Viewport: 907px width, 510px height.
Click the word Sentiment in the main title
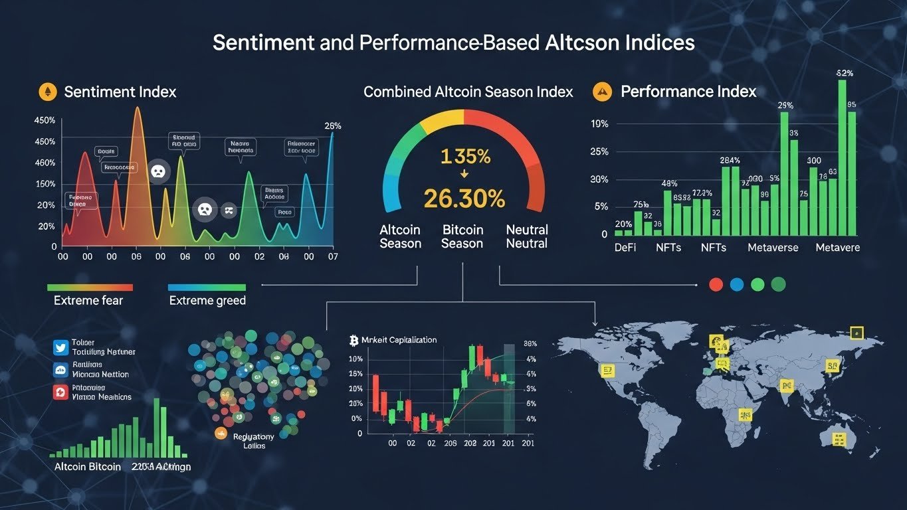point(263,43)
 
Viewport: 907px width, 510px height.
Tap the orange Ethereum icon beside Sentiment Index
point(47,92)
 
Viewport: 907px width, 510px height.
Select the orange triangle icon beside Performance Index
point(601,91)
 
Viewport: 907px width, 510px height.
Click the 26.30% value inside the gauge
point(464,198)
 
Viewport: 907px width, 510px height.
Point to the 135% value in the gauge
point(465,157)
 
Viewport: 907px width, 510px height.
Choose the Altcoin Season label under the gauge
point(400,236)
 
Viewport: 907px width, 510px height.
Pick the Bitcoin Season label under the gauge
point(462,236)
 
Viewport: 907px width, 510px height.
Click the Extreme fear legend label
point(88,300)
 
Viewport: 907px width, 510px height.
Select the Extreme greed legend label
point(207,300)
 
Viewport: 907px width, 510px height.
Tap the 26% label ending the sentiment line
point(332,126)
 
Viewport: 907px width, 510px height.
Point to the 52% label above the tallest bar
point(845,73)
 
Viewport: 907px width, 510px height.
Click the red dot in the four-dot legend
point(716,284)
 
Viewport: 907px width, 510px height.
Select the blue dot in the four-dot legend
point(736,284)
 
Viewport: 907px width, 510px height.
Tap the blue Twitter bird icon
point(60,346)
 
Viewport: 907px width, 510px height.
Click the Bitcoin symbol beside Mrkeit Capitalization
point(353,340)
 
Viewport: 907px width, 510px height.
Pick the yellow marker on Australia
point(840,439)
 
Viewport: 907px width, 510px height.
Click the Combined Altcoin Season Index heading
point(468,92)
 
